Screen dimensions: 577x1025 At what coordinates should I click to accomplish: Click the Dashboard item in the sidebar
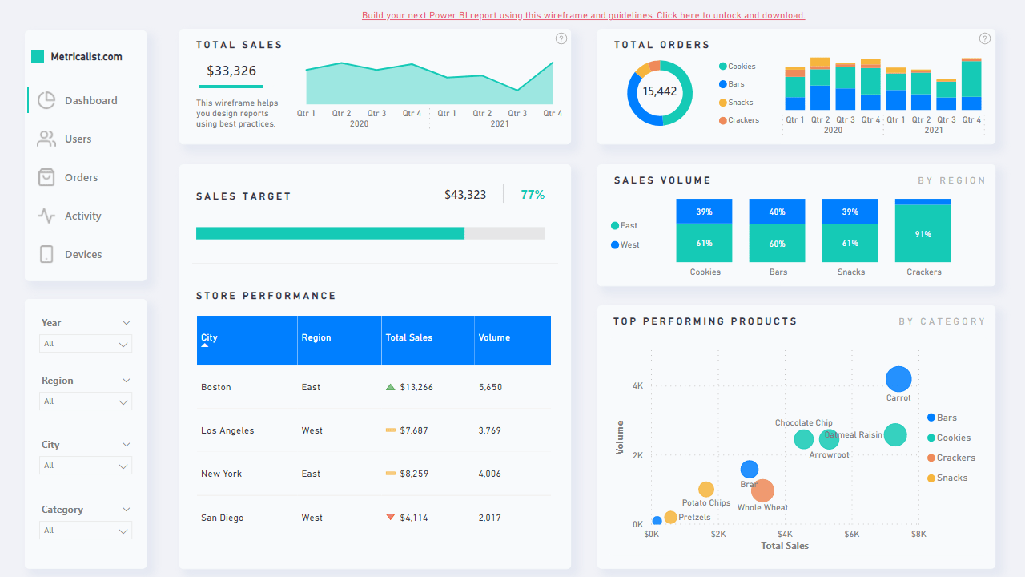(90, 101)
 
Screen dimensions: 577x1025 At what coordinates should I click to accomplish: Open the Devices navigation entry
(82, 255)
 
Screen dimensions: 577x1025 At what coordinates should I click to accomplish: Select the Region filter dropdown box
(86, 401)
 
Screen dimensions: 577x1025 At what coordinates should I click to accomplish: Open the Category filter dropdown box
(86, 531)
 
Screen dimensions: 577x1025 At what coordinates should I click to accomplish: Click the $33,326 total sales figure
(231, 71)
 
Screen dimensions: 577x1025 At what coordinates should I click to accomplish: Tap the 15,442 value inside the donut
(660, 91)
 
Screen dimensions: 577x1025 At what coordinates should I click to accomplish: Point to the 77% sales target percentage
(533, 195)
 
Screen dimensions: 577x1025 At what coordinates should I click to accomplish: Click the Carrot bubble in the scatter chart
(898, 380)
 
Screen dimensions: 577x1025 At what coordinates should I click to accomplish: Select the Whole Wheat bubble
(762, 490)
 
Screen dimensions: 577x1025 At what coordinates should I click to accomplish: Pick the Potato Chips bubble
(705, 490)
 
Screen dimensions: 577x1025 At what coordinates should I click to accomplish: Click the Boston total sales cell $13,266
(416, 387)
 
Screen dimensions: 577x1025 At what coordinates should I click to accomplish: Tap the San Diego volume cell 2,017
(490, 518)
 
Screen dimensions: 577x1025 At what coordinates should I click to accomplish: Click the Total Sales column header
(408, 338)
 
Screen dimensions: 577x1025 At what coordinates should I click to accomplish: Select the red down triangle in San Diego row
(391, 517)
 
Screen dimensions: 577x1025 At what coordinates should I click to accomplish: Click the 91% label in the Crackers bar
(923, 235)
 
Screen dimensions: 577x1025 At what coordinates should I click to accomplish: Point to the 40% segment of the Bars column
(778, 212)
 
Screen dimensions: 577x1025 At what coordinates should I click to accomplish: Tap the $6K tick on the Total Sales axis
(851, 534)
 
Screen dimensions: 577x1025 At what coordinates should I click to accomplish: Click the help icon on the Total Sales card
(561, 38)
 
